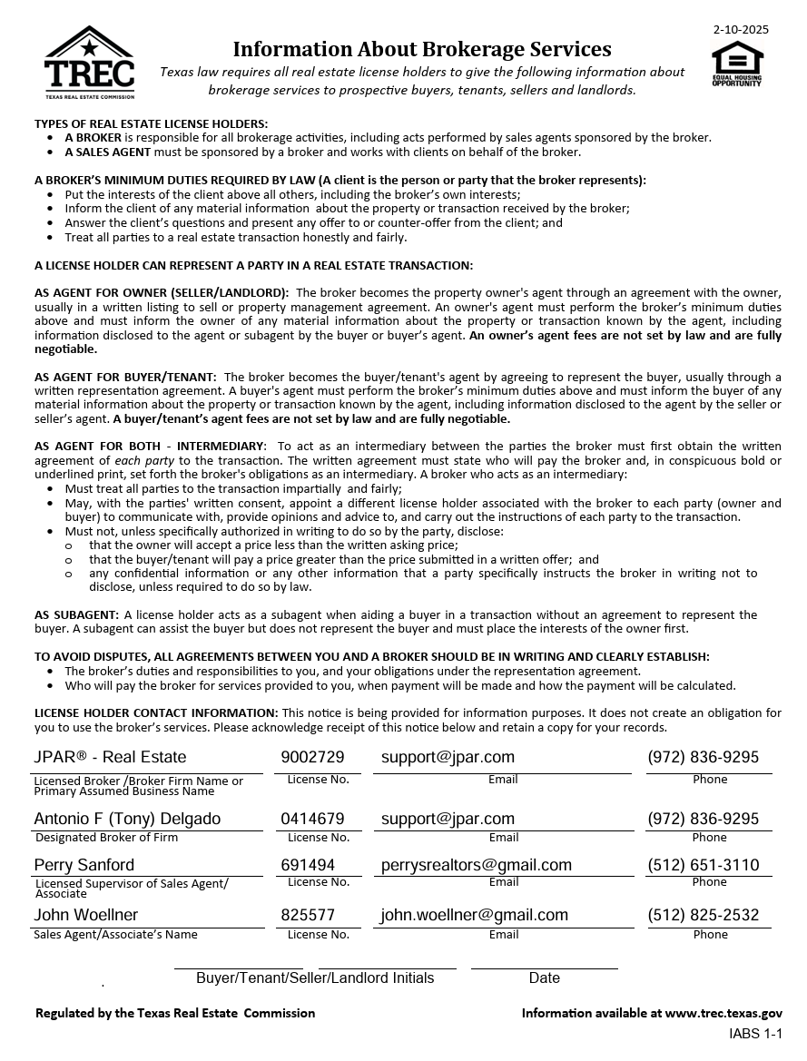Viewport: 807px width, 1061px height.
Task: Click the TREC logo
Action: (89, 62)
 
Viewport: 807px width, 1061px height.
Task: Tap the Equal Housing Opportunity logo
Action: (737, 64)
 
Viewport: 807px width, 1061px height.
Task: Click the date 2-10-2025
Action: (741, 29)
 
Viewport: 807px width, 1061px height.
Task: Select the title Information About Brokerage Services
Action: (422, 49)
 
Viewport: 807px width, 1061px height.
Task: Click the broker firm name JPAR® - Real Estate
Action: (110, 757)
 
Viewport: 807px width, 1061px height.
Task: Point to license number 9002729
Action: (312, 757)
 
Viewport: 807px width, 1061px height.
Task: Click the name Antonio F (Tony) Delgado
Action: (127, 819)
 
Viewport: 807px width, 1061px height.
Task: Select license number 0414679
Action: (312, 819)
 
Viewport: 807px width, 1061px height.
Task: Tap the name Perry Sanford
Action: (84, 865)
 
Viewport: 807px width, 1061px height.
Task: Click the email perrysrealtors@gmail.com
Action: (476, 865)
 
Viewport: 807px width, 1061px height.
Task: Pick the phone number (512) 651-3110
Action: (703, 865)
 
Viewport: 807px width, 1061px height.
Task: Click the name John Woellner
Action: (86, 915)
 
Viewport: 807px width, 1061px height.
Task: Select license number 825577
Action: (308, 915)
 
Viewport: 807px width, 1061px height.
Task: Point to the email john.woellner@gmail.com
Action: (474, 915)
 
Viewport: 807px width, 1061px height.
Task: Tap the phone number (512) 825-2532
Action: (703, 915)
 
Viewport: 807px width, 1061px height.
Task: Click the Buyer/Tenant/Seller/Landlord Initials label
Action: (315, 977)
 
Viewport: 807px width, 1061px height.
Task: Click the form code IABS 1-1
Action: (755, 1034)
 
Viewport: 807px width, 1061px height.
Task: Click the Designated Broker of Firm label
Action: (106, 838)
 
